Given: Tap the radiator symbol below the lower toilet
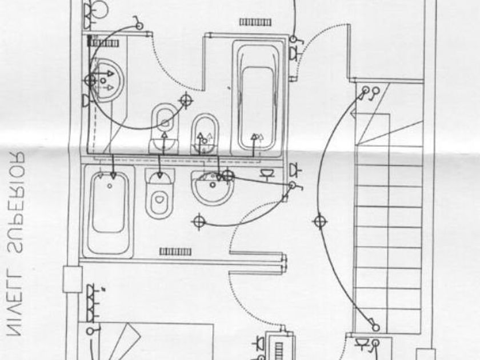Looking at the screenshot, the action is (x=171, y=251).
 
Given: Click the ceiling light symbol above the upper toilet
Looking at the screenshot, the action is (x=185, y=100).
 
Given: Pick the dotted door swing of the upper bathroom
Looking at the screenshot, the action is (x=171, y=69).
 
